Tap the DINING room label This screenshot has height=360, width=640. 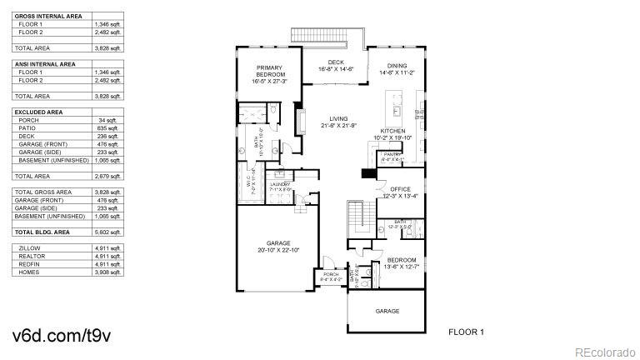[x=397, y=67]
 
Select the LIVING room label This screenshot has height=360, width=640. [x=337, y=118]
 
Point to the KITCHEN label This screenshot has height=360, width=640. [x=392, y=132]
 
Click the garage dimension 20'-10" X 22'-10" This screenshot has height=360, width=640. [x=278, y=250]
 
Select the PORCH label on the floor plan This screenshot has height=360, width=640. [x=330, y=274]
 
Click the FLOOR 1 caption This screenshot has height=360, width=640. [x=466, y=332]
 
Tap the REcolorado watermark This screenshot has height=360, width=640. [x=605, y=349]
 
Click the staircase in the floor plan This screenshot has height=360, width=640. [x=356, y=217]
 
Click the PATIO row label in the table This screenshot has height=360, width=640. [x=27, y=128]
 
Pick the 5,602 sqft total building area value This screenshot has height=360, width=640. [x=108, y=232]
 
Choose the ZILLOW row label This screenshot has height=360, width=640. [x=29, y=247]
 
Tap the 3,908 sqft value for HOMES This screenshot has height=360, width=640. [x=108, y=272]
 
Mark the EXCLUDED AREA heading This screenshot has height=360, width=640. [x=37, y=112]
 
